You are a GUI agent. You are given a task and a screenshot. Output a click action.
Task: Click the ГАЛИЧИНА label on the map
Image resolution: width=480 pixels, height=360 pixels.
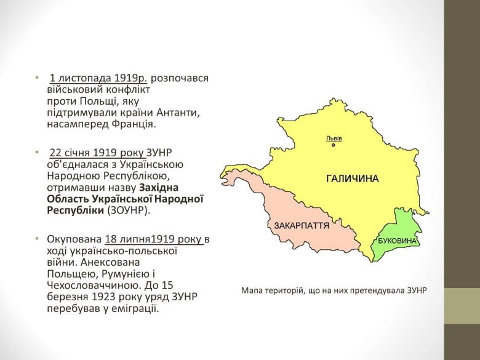point(352,178)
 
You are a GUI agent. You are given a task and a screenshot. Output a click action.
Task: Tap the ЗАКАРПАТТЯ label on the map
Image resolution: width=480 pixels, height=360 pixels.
point(302,226)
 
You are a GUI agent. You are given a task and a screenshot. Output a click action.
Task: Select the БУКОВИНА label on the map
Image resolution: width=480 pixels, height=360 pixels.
point(398,240)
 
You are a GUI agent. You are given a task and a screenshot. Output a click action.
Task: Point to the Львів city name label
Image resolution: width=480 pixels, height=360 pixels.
point(334,138)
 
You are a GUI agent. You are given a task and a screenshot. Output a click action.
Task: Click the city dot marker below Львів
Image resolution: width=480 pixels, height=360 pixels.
point(334,145)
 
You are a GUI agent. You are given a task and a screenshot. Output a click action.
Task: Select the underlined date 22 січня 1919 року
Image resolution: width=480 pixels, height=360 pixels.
point(97,153)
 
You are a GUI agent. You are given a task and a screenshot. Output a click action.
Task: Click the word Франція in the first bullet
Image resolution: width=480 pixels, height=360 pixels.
point(135,124)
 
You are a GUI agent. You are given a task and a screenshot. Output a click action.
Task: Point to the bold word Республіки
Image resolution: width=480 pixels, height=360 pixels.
point(75,209)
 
